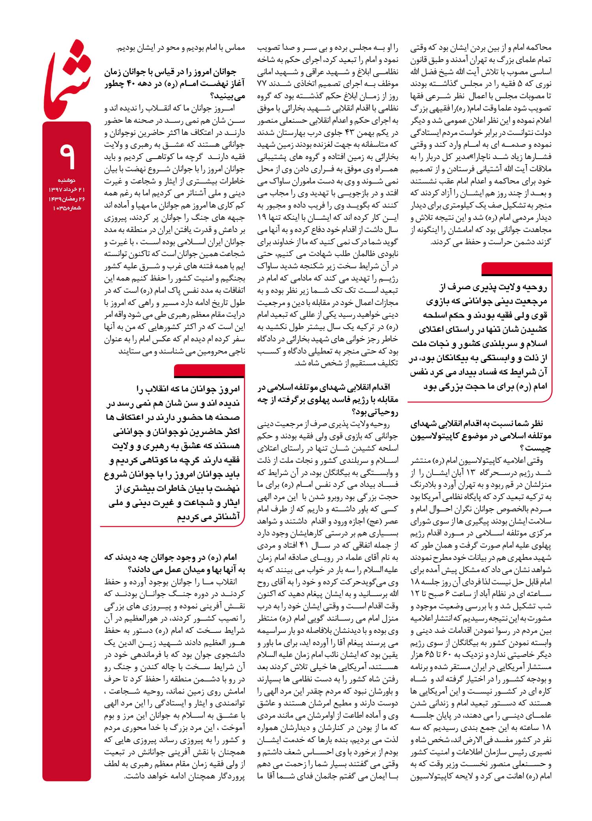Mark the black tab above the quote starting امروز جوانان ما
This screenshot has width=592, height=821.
pyautogui.click(x=209, y=371)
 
